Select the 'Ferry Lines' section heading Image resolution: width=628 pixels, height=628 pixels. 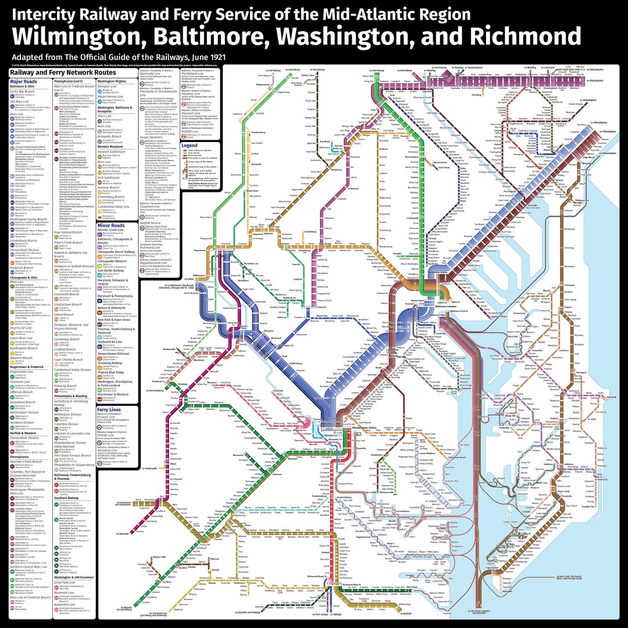tap(109, 410)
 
